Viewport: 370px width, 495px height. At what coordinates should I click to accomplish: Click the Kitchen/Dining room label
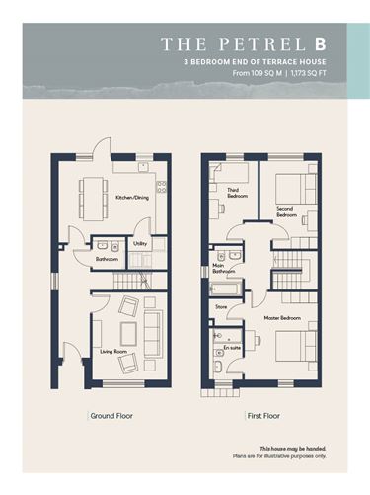(132, 198)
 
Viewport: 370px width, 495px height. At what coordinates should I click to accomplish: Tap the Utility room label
(140, 244)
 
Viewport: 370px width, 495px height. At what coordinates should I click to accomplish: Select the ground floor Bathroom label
(107, 259)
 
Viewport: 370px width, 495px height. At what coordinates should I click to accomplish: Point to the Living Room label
(113, 352)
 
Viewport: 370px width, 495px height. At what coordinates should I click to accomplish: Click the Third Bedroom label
(237, 193)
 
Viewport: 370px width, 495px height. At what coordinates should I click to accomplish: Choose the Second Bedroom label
(286, 212)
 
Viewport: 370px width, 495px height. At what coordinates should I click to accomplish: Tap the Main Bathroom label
(224, 268)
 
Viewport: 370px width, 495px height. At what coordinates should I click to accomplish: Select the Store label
(221, 307)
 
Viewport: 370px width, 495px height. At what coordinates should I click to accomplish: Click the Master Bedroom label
(282, 318)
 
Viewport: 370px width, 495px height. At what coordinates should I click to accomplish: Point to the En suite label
(232, 348)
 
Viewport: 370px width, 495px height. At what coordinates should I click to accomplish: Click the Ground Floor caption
(111, 416)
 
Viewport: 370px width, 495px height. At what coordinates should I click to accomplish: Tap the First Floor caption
(263, 416)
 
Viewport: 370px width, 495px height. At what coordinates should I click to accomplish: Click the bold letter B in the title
(321, 44)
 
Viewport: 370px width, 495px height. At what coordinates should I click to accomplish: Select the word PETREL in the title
(262, 44)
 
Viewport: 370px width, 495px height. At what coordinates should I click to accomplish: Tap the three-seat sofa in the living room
(153, 334)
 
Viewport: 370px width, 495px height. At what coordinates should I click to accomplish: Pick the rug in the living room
(128, 333)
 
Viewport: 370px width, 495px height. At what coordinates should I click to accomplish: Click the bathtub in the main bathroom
(226, 289)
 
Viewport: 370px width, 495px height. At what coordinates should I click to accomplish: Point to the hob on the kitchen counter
(162, 187)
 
